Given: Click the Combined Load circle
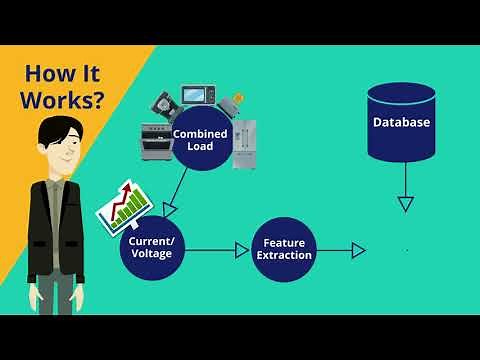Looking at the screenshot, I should [201, 139].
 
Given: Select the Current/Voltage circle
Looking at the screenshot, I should [152, 247].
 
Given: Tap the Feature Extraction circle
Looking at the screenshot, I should [284, 249].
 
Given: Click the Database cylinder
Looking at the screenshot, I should [401, 122].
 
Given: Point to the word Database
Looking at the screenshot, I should [401, 123].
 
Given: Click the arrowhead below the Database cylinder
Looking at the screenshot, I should [405, 204].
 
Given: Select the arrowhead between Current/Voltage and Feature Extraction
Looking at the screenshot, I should [242, 250].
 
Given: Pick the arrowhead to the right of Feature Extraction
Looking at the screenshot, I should [358, 250].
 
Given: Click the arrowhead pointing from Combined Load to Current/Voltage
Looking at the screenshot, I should [169, 208].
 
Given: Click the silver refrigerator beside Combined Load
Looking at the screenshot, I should [245, 144].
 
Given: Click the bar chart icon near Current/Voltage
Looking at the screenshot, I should [122, 204].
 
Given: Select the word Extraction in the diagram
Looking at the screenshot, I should [284, 256].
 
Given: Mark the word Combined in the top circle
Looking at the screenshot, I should [201, 133].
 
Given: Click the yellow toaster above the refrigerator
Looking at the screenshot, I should [236, 104].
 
